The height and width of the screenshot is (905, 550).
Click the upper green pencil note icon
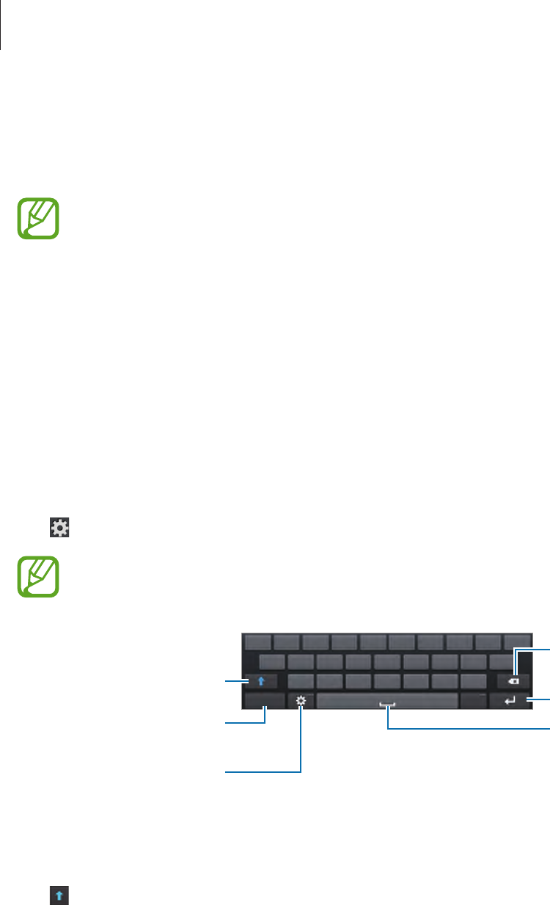click(x=39, y=217)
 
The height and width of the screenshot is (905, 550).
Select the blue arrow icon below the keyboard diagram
click(x=59, y=895)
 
